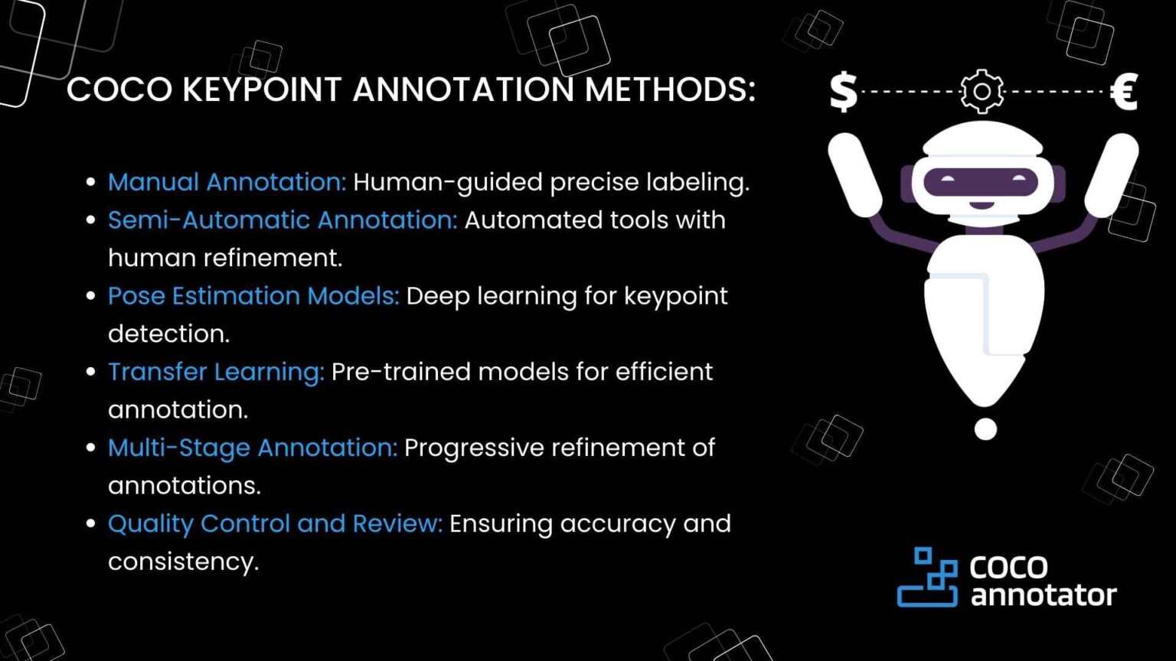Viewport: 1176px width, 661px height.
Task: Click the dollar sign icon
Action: tap(843, 92)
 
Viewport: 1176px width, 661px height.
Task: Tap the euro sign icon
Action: tap(1124, 92)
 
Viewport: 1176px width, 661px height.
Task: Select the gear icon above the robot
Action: tap(982, 92)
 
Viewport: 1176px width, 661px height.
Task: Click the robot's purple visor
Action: tap(981, 182)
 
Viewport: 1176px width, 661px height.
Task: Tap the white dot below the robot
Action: tap(985, 429)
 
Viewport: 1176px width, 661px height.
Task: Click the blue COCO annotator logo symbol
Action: tap(927, 578)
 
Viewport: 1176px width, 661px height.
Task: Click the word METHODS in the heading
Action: tap(670, 90)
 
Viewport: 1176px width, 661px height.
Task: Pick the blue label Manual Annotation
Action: tap(227, 182)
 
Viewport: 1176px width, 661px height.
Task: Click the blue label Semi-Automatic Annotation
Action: tap(282, 220)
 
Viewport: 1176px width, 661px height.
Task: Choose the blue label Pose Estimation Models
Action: tap(253, 296)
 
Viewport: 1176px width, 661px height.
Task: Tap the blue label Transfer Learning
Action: tap(216, 372)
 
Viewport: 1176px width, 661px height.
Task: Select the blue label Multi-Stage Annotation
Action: tap(253, 448)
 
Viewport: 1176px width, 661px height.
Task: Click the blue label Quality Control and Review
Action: tap(275, 524)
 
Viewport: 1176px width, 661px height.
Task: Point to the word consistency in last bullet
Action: tap(183, 562)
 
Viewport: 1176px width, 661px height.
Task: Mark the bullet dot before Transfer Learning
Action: tap(91, 372)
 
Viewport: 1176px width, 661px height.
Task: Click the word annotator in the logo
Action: tap(1043, 595)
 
